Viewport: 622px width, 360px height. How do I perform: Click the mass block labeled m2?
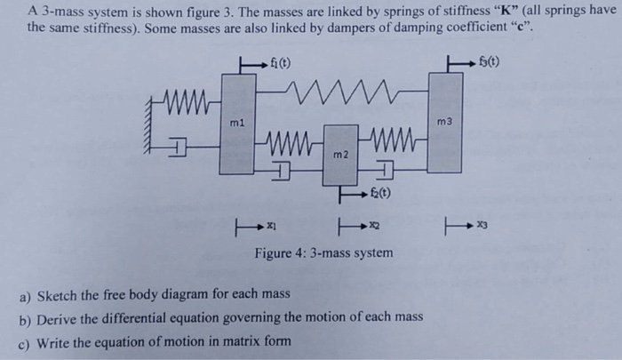(339, 155)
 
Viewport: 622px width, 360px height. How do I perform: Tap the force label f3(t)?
(485, 63)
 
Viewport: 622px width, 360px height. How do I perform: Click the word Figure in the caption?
(275, 253)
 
